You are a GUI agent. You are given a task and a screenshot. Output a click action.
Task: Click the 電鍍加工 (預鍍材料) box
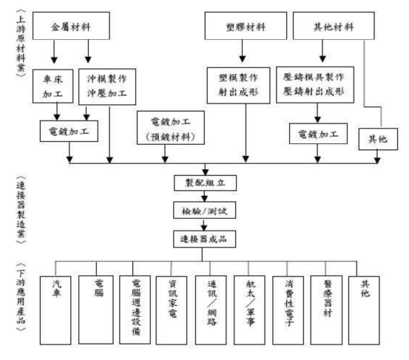172,128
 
